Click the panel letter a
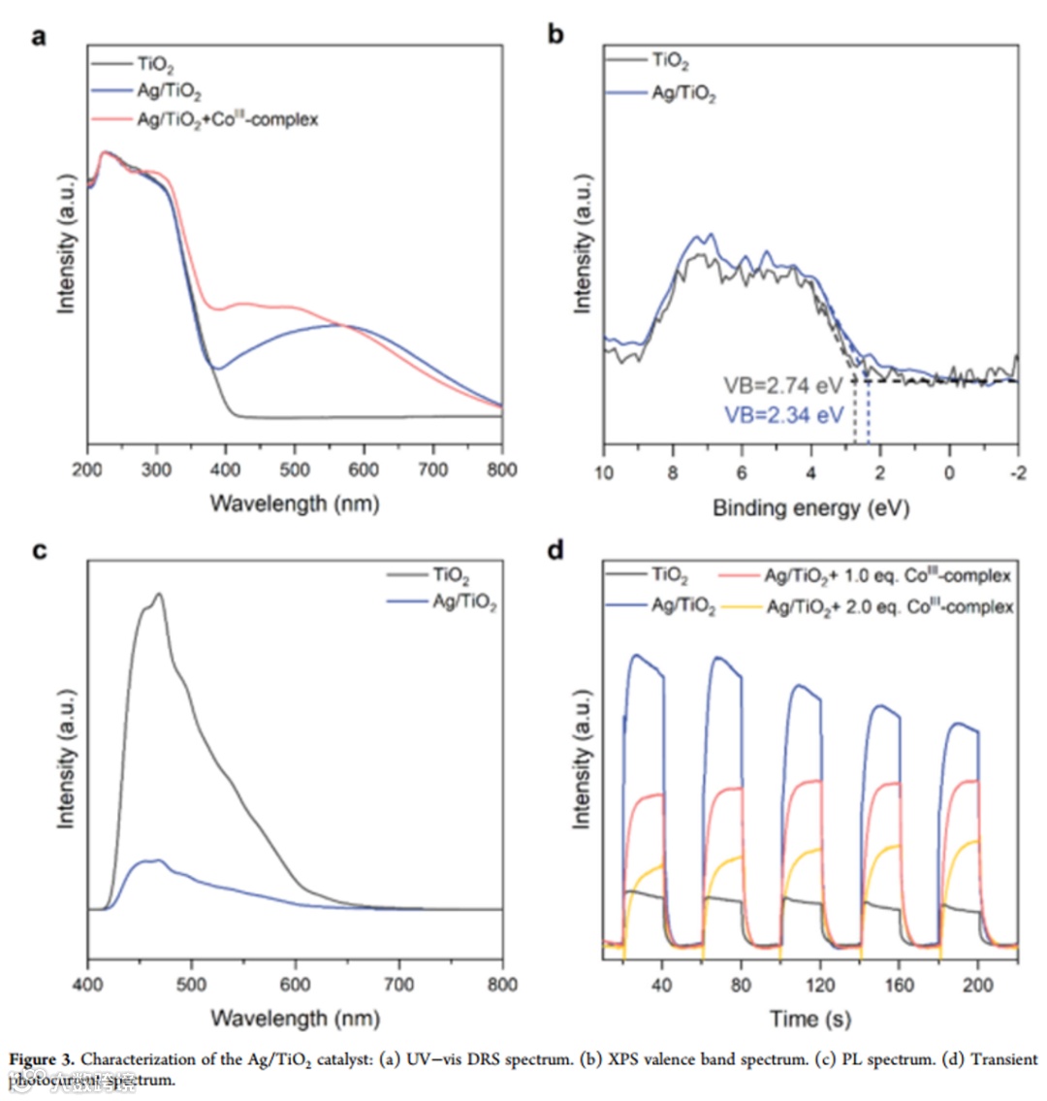click(39, 38)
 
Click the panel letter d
click(555, 550)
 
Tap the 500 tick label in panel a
click(295, 470)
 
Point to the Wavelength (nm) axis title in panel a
click(295, 503)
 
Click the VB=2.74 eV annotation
click(783, 386)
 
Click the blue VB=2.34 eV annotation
click(783, 414)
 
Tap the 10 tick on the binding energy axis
click(604, 472)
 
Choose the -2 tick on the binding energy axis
click(1018, 472)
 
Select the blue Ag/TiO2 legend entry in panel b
click(682, 94)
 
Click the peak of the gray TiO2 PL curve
click(158, 594)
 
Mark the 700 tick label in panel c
click(398, 986)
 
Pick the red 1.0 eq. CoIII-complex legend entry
click(887, 577)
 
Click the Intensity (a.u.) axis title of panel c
click(66, 759)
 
